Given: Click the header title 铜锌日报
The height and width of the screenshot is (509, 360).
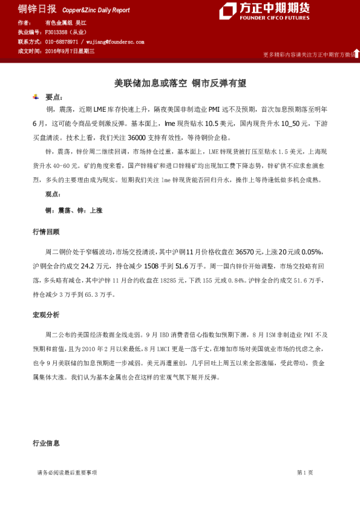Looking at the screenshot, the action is click(x=37, y=9).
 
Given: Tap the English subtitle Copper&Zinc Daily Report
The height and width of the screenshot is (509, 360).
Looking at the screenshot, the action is click(x=96, y=10).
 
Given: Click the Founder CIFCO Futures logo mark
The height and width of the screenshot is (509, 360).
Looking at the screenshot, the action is click(x=228, y=11).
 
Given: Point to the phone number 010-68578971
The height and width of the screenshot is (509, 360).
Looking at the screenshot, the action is click(x=62, y=42).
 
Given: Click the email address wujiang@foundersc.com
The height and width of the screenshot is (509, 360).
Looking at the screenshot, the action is click(x=115, y=42).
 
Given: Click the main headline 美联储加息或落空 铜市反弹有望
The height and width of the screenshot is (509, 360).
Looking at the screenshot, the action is click(x=180, y=83).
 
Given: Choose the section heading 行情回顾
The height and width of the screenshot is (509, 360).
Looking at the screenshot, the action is click(x=46, y=232).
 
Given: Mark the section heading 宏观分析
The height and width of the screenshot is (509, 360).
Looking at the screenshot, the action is click(x=46, y=315).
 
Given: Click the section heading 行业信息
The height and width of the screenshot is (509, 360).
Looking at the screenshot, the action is click(x=46, y=443).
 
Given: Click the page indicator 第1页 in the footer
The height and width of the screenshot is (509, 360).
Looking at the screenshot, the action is click(x=305, y=472).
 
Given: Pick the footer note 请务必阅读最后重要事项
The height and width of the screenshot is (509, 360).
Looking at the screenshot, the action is click(x=67, y=472).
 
